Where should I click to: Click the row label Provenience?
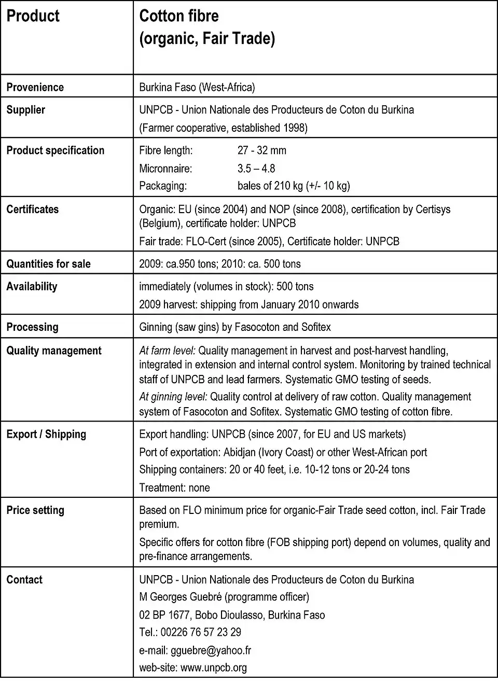(35, 87)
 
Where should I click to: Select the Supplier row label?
(25, 110)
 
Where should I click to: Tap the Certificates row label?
(32, 210)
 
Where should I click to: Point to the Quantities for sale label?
(48, 264)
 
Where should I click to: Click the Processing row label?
(32, 327)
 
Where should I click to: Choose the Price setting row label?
(35, 510)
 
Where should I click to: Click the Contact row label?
(24, 580)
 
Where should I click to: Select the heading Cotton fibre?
(179, 16)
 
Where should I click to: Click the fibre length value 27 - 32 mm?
(261, 150)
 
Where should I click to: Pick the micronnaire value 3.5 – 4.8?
(256, 169)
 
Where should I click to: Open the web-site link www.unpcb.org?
(214, 668)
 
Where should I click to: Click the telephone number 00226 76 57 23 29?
(201, 632)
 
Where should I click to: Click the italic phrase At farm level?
(167, 351)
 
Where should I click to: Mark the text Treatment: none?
(174, 487)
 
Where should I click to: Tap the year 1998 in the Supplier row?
(295, 128)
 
